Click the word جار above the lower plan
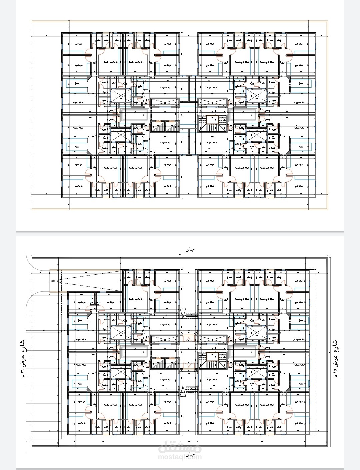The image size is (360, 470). coord(190,249)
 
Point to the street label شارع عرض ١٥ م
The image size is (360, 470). coord(335,359)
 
